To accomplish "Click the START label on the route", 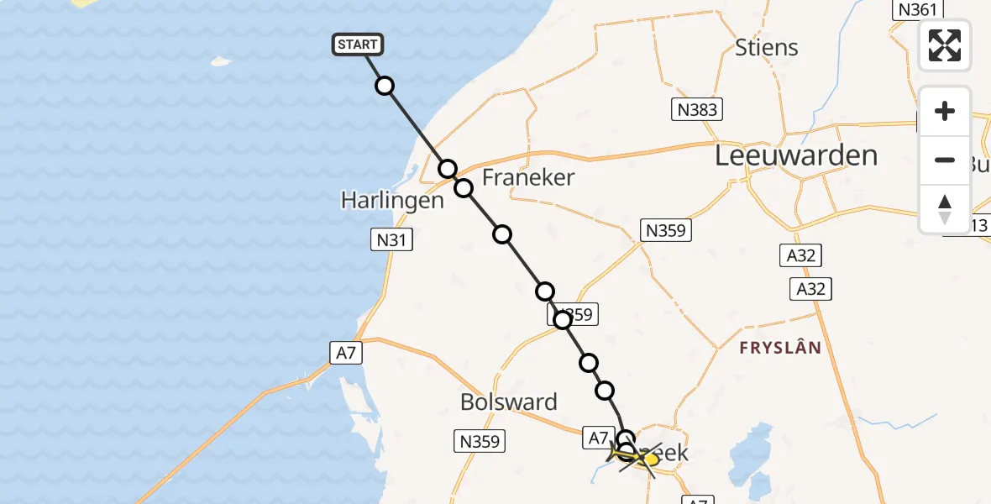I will (x=359, y=45).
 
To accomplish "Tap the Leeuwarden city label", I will (x=795, y=155).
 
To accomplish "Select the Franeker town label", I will (x=528, y=177).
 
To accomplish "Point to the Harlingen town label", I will (x=392, y=201).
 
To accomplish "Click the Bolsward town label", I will (x=509, y=402).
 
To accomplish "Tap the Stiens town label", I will (x=767, y=47).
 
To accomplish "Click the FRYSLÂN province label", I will (x=779, y=347).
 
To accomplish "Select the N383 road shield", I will (x=697, y=109).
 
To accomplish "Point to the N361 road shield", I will (x=915, y=9).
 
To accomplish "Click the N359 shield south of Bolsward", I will (x=480, y=441).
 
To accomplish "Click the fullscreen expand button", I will (x=945, y=45).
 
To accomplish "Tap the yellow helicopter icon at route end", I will (x=639, y=458).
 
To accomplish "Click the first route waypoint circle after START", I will (x=385, y=86).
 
